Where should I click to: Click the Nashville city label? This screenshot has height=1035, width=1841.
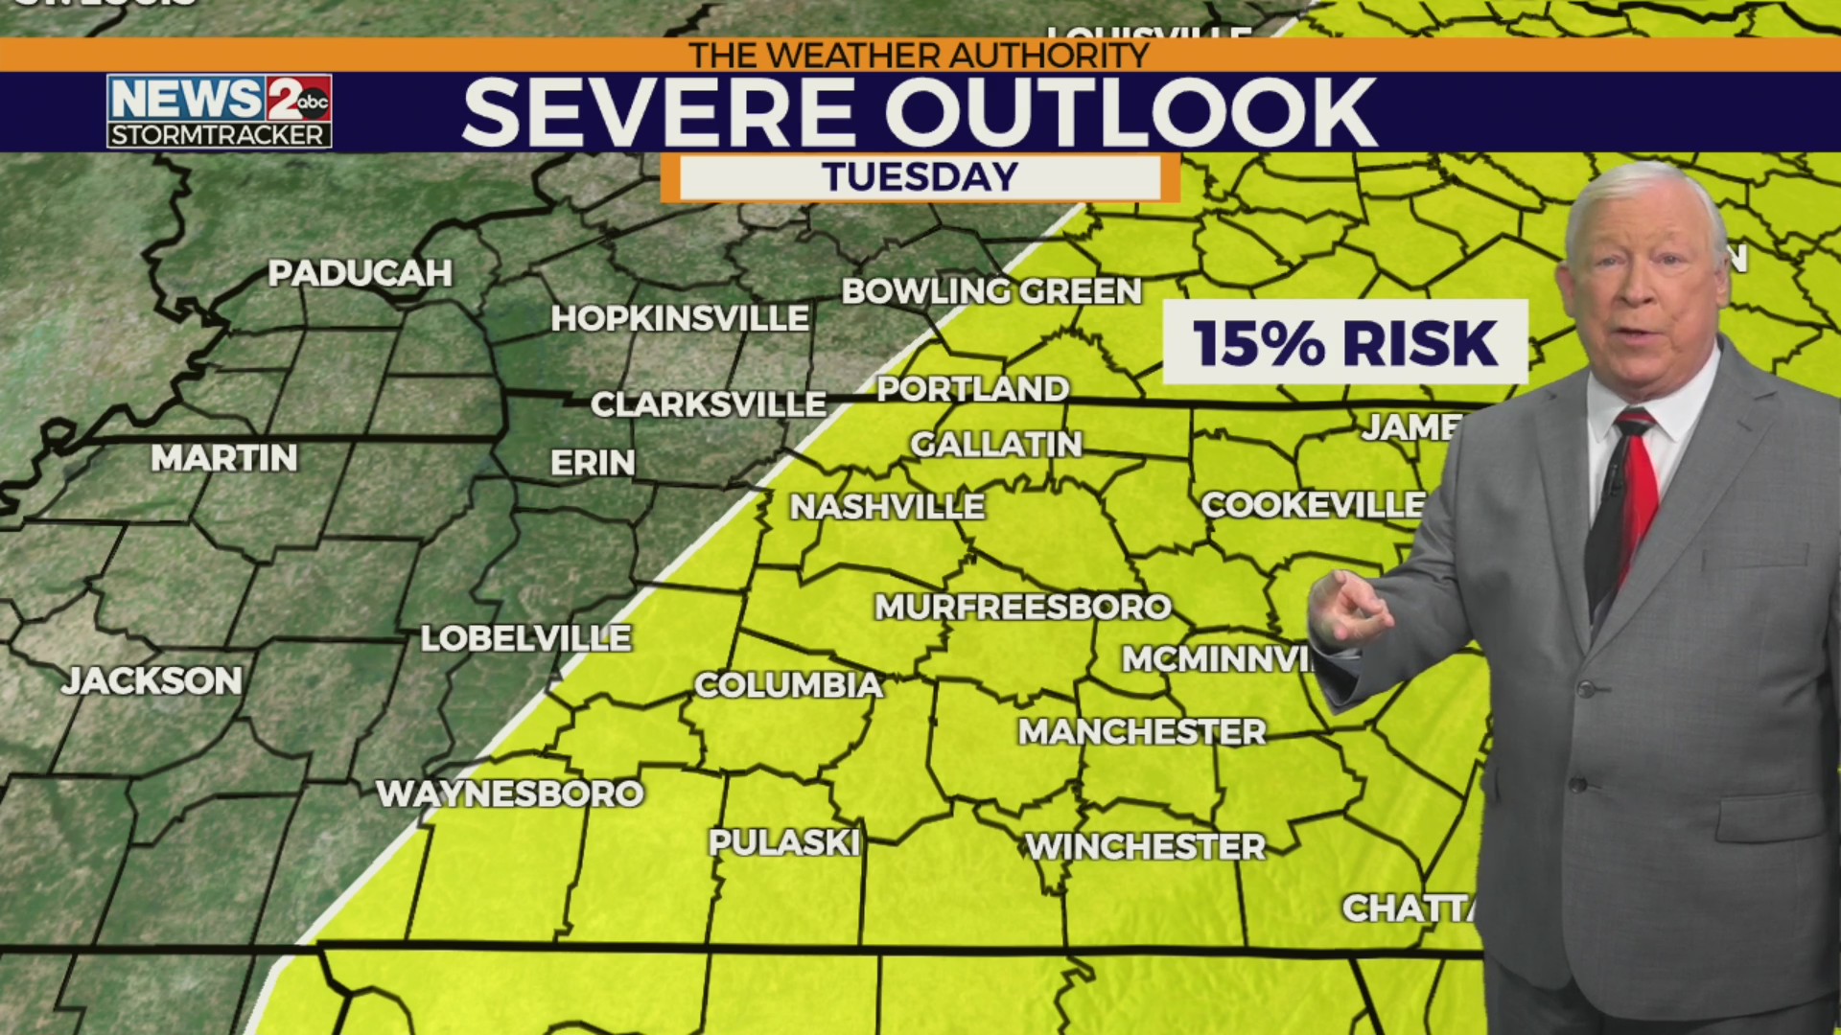point(887,507)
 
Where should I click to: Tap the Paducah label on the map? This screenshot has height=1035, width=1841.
point(360,274)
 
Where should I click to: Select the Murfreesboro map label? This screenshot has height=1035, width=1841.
point(1022,607)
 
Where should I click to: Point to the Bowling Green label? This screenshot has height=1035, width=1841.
point(991,291)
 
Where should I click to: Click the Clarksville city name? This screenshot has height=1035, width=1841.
point(708,404)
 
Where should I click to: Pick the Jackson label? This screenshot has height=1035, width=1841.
point(152,681)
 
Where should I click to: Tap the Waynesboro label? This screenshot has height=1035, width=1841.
point(509,793)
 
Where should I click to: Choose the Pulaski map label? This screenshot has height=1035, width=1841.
point(783,843)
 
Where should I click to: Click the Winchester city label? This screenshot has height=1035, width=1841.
point(1145,847)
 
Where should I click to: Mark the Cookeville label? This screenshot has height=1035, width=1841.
point(1313,505)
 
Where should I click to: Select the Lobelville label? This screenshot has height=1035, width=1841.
point(525,638)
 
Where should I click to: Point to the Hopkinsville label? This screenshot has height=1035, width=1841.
point(679,319)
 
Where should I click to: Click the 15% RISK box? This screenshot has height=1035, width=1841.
point(1344,343)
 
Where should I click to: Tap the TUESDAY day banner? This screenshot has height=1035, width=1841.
point(920,177)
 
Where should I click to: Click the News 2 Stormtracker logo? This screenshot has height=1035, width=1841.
point(220,111)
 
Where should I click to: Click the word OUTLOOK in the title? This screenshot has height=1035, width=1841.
point(1130,113)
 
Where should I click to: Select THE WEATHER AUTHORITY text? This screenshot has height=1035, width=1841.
point(919,56)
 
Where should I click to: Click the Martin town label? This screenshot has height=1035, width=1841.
point(224,459)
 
